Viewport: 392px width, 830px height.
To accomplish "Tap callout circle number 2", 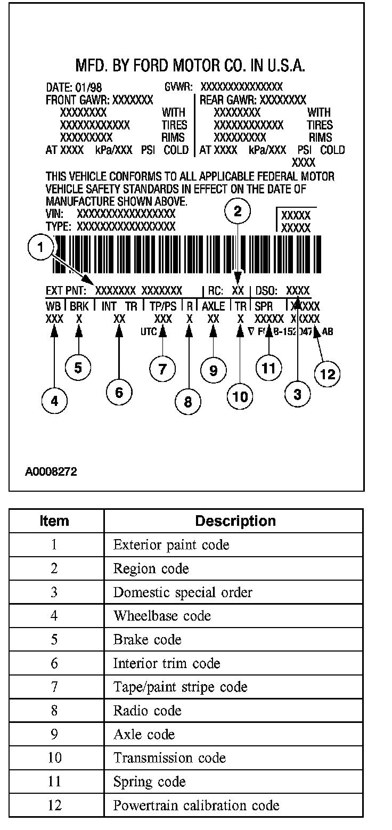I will tap(238, 211).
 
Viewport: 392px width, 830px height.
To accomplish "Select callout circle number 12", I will tap(327, 374).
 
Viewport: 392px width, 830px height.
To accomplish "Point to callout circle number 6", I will tap(119, 392).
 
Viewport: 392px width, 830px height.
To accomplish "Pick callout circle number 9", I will tap(213, 370).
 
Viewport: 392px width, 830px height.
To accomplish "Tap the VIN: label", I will tap(55, 214).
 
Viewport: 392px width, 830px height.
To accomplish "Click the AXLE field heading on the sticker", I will tap(213, 306).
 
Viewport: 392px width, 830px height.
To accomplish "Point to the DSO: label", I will tap(267, 291).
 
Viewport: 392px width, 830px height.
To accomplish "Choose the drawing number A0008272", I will tap(51, 471).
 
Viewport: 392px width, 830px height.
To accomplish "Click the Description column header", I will tap(235, 520).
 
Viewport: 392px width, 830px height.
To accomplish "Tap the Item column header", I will tap(54, 520).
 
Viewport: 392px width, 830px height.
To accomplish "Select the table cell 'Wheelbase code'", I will tap(162, 616).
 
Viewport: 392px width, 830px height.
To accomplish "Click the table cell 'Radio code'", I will tap(147, 711).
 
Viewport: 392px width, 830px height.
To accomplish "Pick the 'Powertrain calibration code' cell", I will tap(196, 805).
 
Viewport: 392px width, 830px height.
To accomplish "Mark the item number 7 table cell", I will tap(54, 687).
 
